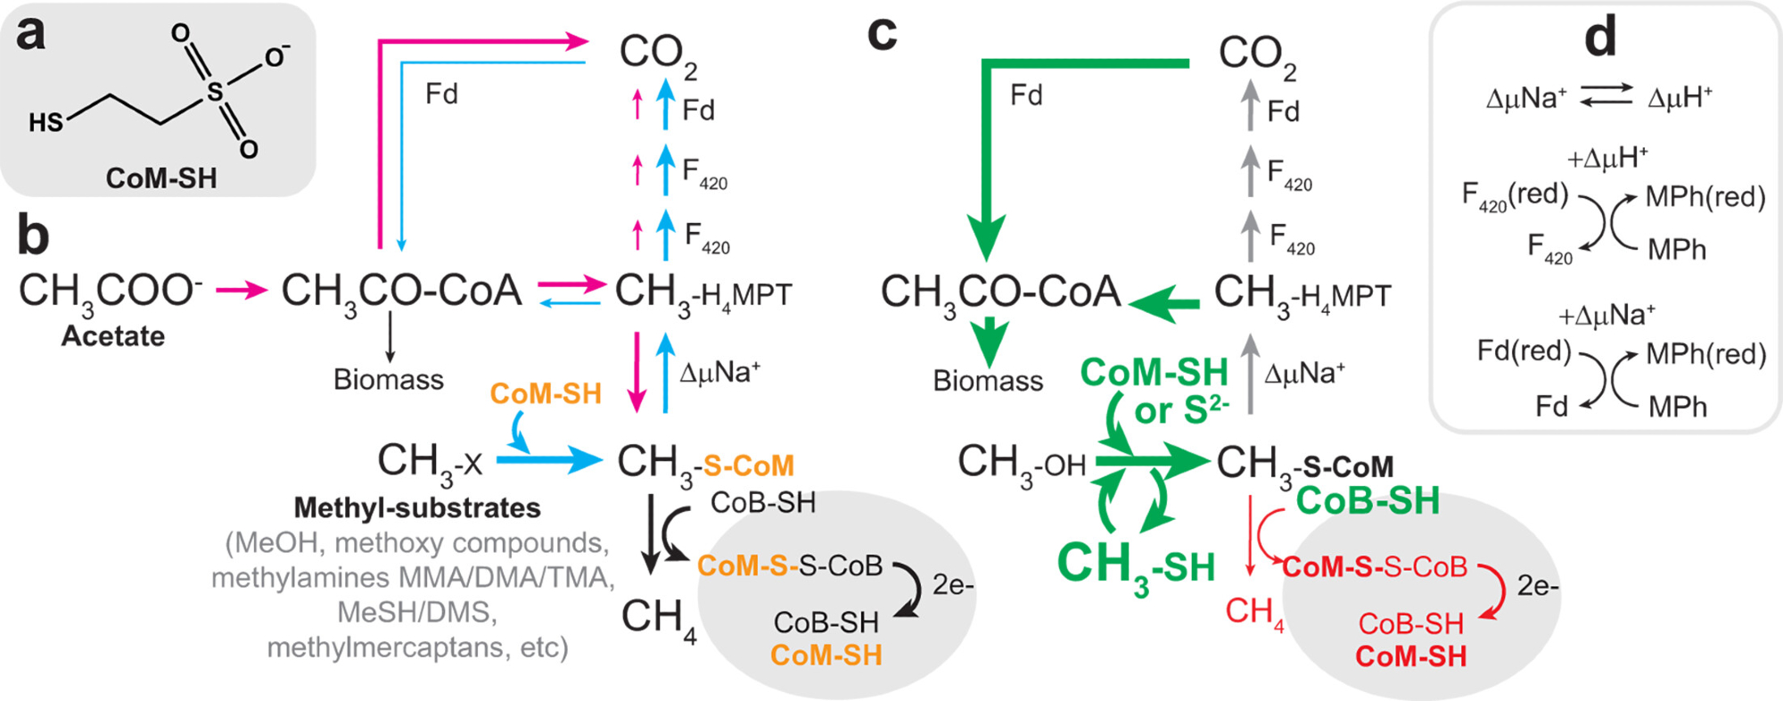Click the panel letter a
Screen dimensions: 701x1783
coord(31,34)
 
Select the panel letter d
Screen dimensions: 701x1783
coord(1600,37)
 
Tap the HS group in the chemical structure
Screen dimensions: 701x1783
coord(46,121)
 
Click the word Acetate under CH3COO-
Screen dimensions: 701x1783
coord(113,336)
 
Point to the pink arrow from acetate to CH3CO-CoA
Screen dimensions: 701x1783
coord(242,289)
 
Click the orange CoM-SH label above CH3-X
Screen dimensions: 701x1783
coord(546,393)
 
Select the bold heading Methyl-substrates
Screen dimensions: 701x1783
coord(417,507)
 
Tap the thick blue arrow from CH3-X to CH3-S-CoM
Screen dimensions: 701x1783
coord(548,460)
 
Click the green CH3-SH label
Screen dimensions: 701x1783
coord(1136,566)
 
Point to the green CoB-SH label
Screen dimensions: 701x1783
coord(1368,501)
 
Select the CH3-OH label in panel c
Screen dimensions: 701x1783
coord(1022,463)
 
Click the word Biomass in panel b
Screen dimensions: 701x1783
coord(389,380)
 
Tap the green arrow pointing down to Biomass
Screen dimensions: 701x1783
coord(990,341)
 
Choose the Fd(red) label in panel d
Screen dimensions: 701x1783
coord(1524,350)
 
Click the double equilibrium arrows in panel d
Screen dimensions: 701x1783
coord(1606,95)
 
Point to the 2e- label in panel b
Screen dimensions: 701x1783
coord(953,585)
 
